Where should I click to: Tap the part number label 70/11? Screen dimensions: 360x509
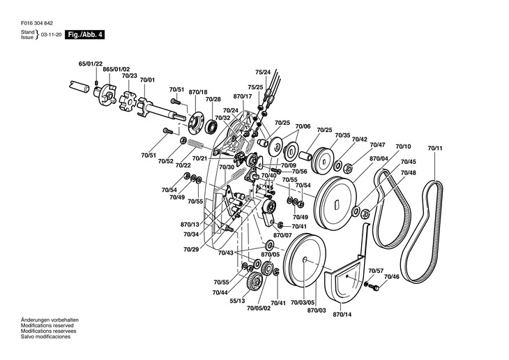(435, 148)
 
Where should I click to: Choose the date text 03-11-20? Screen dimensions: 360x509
(51, 33)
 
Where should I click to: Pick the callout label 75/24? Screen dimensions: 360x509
(262, 72)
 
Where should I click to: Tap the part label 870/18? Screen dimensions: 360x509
(198, 92)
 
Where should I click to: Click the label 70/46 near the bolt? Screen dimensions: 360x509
(391, 277)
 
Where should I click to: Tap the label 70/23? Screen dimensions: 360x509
(130, 75)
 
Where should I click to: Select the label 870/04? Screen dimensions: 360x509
(379, 158)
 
